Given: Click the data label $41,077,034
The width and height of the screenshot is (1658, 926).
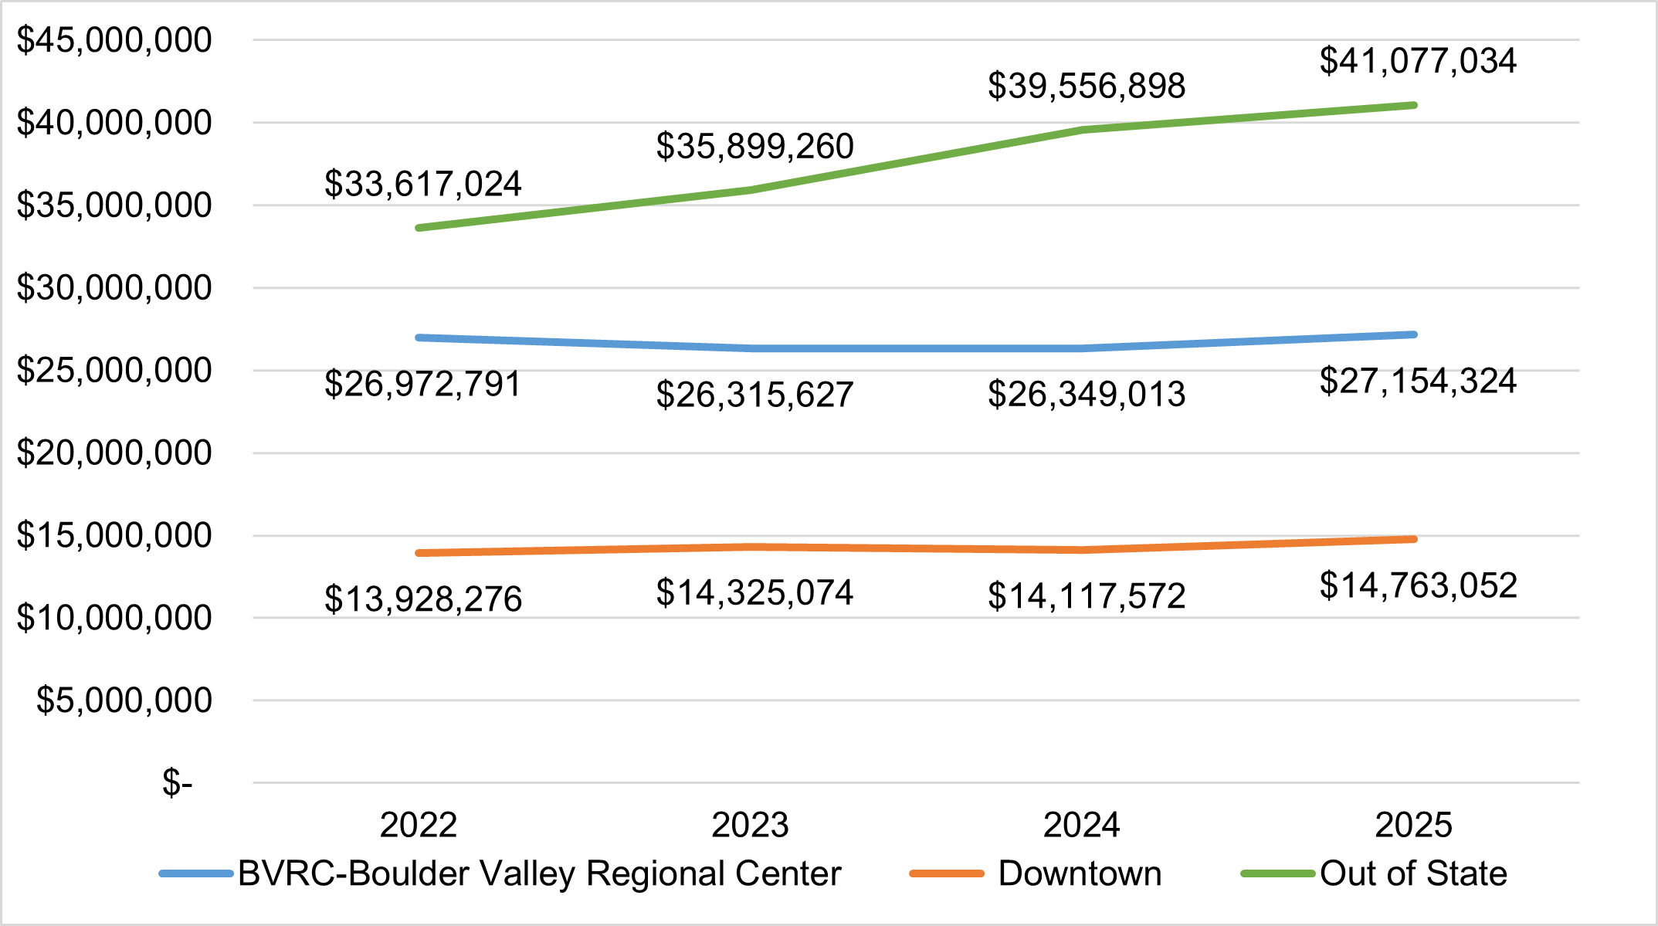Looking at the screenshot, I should pos(1418,61).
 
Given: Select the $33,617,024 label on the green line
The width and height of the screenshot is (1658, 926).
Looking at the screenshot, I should pos(422,184).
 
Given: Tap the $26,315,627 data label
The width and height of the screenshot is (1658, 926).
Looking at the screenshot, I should pos(754,395).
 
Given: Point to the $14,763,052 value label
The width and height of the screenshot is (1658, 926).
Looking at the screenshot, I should pos(1418,585).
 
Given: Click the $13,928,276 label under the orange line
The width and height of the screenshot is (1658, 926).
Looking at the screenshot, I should pos(422,599).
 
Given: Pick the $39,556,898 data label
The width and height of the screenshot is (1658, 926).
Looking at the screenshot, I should pos(1086,86).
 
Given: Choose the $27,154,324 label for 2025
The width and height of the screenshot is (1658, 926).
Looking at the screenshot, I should pos(1418,382).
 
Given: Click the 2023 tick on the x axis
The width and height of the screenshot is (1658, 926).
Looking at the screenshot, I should pos(750,825).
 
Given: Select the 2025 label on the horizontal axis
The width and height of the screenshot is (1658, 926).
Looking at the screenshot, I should pos(1413,825).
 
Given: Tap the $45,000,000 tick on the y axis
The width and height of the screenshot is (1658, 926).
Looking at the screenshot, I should pos(114,40).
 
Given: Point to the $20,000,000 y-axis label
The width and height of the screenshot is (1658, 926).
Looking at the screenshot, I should pos(114,453).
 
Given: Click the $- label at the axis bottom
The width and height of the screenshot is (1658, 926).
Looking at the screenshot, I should pos(177,783).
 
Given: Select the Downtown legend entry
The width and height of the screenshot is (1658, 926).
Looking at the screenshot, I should pos(1080,873).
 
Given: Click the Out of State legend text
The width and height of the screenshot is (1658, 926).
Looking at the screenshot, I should pos(1413,873).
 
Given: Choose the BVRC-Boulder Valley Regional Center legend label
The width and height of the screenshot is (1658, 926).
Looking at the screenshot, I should pos(539,873).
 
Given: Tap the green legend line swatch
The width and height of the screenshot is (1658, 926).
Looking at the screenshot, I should pos(1277,873).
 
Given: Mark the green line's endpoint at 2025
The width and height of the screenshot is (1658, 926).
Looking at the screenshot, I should pos(1413,105).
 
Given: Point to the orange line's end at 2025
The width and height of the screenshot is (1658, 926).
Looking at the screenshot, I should pos(1413,539).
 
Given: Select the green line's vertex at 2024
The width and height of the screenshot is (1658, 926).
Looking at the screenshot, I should pos(1083,130).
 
